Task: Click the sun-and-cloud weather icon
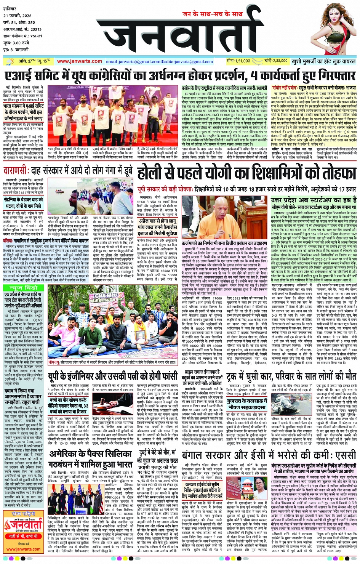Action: (x=8, y=61)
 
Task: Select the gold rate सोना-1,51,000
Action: (x=238, y=61)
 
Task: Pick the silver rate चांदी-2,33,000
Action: (x=275, y=61)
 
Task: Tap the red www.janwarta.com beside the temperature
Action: (x=79, y=61)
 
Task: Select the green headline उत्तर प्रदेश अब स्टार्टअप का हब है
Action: (x=313, y=200)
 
